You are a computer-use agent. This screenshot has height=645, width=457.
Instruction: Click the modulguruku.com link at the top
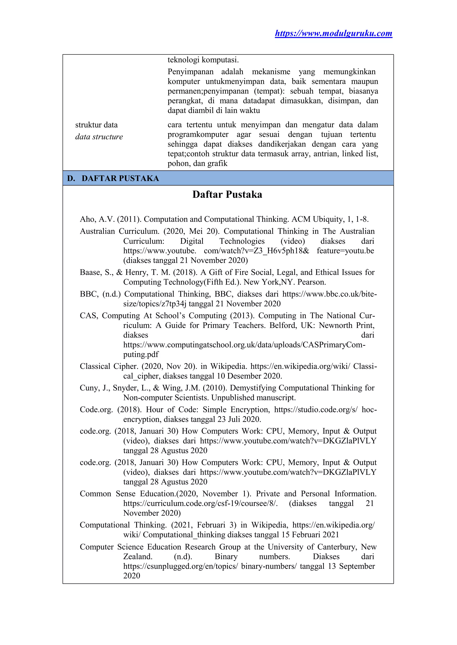[x=333, y=33]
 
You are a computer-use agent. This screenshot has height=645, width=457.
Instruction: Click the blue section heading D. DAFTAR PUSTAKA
[x=113, y=178]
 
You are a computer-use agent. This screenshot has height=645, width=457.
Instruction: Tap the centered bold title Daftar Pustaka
[x=227, y=194]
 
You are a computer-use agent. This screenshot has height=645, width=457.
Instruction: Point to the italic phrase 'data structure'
[x=99, y=137]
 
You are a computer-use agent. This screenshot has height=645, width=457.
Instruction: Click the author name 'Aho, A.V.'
[x=97, y=219]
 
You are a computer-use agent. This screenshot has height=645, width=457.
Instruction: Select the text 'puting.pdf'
[x=141, y=354]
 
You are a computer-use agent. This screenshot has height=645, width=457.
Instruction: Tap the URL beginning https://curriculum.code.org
[x=200, y=503]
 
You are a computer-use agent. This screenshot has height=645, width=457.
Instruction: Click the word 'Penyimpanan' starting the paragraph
[x=191, y=72]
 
